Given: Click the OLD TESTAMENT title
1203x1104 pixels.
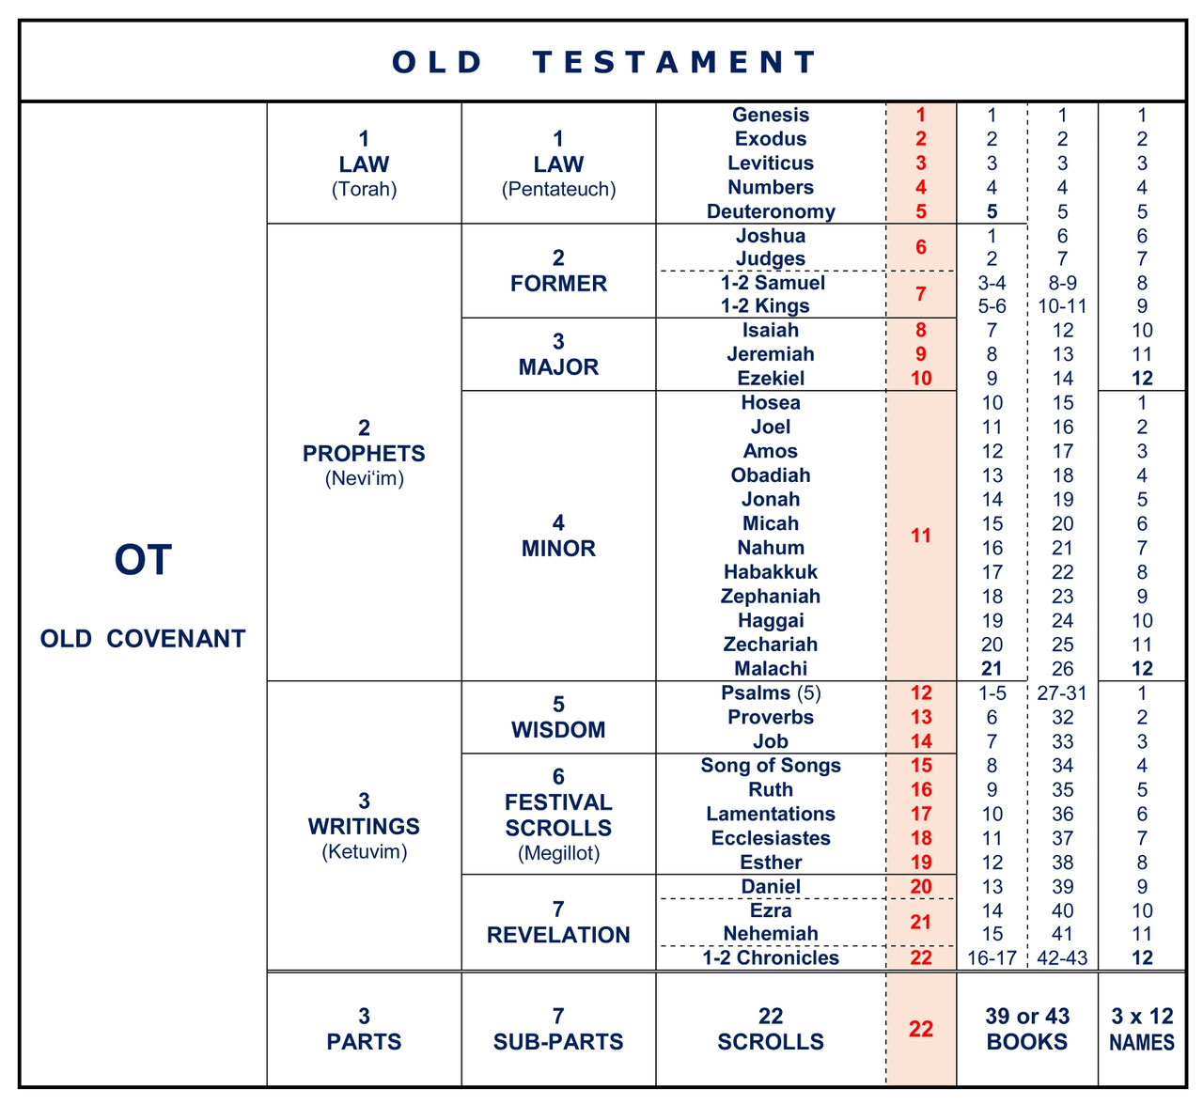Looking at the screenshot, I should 603,62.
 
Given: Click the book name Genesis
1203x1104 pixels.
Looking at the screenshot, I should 771,115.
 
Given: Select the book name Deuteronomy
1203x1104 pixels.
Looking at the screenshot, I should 771,211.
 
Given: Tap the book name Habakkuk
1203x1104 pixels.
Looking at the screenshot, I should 771,572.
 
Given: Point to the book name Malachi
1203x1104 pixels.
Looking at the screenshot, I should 771,669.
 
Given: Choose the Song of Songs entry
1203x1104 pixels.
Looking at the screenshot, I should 771,766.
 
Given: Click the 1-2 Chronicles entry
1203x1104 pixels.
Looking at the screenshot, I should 771,958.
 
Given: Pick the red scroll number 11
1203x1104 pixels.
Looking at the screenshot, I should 921,536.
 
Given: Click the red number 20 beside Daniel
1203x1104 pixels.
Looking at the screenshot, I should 921,887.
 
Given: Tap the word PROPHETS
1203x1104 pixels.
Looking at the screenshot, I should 364,454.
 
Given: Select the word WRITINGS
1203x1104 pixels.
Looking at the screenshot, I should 364,827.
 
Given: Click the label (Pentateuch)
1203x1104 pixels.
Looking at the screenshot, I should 558,190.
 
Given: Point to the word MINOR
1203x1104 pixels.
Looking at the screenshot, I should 558,549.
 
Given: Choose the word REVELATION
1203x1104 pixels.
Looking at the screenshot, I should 558,936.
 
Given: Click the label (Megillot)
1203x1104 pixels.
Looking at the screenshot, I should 558,854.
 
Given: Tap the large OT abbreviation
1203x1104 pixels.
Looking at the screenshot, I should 143,561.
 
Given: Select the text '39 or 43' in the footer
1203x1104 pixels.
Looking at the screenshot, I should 1027,1017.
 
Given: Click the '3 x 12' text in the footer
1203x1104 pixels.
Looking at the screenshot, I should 1142,1017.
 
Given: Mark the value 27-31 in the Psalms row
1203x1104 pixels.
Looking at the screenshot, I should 1062,693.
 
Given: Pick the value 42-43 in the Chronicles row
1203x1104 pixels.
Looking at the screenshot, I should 1062,958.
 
